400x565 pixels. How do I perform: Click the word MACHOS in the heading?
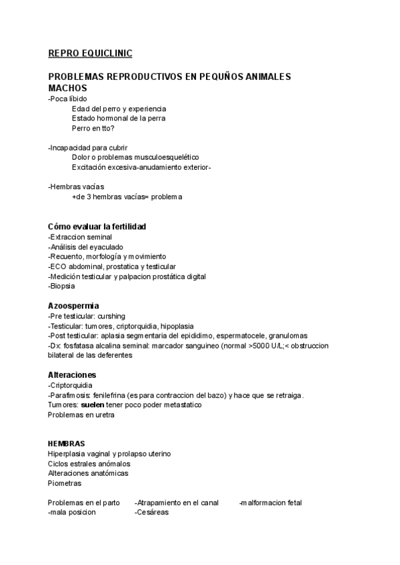67,88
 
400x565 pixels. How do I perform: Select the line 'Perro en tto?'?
93,128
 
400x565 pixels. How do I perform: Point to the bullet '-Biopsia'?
61,286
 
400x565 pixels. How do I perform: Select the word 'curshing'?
110,316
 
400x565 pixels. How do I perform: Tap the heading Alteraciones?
72,375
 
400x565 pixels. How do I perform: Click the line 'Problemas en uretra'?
81,415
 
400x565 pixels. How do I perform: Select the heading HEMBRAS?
66,444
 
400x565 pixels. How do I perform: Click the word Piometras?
65,483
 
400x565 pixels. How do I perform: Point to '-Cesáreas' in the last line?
151,512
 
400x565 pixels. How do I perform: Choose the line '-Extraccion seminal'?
80,237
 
